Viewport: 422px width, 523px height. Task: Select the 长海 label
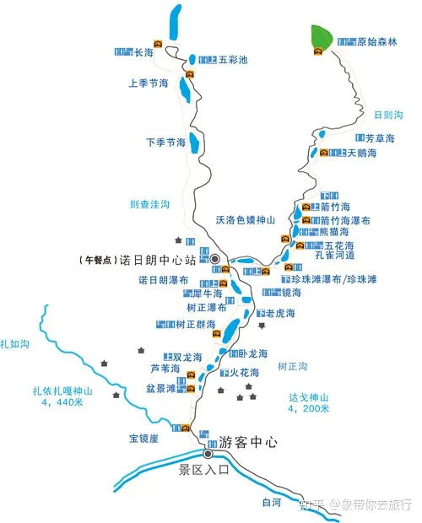pyautogui.click(x=143, y=52)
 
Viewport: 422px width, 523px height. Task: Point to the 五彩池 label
pyautogui.click(x=233, y=60)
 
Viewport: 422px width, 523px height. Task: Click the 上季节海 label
pyautogui.click(x=149, y=84)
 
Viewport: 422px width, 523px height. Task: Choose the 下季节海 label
pyautogui.click(x=165, y=142)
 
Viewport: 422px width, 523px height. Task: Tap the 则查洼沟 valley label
pyautogui.click(x=149, y=204)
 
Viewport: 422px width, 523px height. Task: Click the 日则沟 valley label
pyautogui.click(x=387, y=115)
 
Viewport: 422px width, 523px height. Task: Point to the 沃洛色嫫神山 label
pyautogui.click(x=246, y=219)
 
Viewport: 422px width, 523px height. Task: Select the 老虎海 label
pyautogui.click(x=282, y=314)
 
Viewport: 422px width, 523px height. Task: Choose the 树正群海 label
pyautogui.click(x=196, y=324)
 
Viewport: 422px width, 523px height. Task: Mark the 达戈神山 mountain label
pyautogui.click(x=307, y=397)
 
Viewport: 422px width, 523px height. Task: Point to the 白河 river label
pyautogui.click(x=271, y=503)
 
